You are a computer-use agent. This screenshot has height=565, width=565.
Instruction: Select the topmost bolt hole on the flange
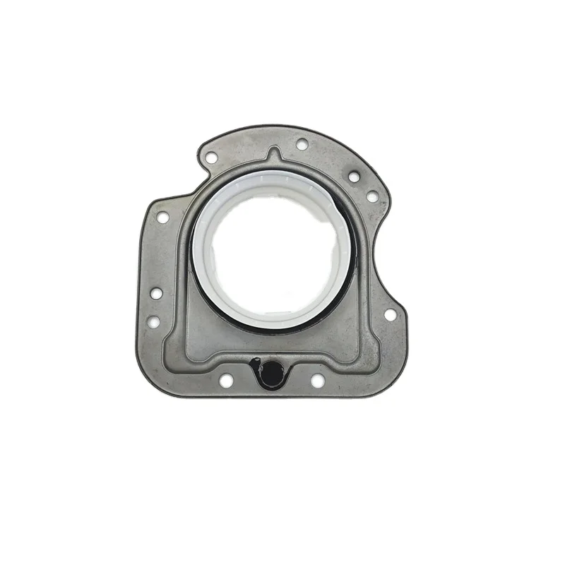tap(302, 144)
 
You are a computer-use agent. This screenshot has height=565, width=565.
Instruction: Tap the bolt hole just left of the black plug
tap(226, 381)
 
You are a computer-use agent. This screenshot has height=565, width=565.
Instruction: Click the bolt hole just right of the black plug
tap(318, 381)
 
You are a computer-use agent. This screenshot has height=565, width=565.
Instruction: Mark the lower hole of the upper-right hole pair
tap(371, 197)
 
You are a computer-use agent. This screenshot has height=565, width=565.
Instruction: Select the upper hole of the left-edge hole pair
tap(157, 293)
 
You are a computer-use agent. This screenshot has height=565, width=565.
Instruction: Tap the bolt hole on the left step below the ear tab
tap(163, 218)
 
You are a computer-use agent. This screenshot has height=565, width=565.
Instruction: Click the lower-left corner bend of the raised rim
tap(170, 350)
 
